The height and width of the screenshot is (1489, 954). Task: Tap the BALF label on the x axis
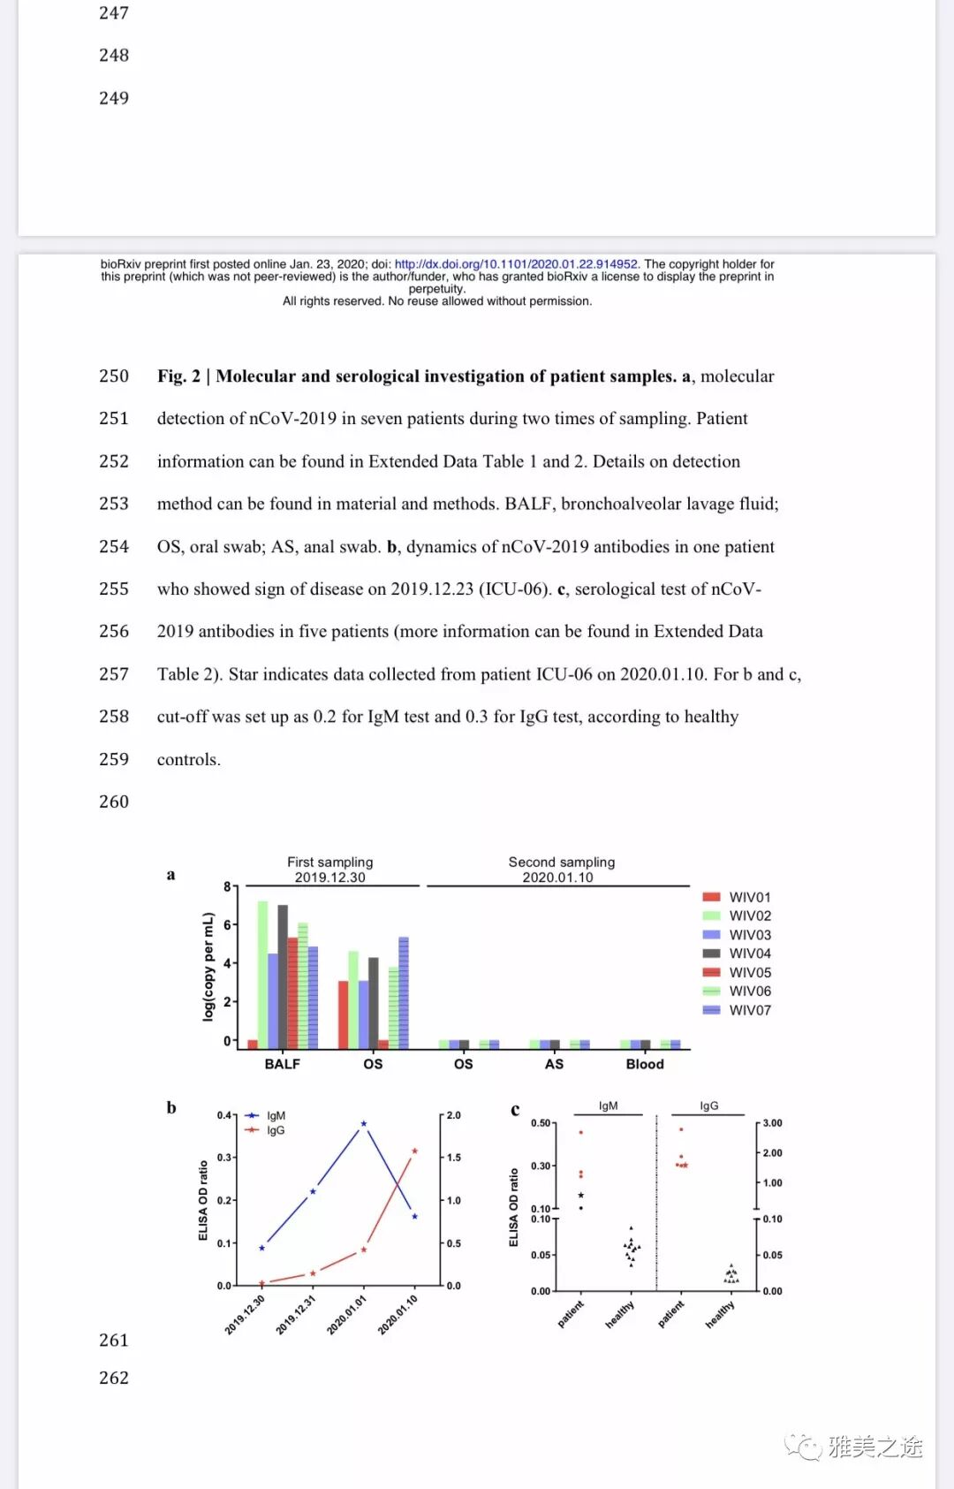click(x=282, y=1064)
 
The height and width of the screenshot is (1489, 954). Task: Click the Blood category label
click(x=645, y=1064)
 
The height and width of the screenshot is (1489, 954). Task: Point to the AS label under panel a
click(x=554, y=1064)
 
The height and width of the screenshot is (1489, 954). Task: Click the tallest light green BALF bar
click(x=262, y=972)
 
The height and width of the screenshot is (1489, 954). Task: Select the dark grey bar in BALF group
click(x=283, y=976)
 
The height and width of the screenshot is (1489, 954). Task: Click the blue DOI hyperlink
click(x=516, y=264)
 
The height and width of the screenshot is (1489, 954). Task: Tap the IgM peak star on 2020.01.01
click(x=364, y=1124)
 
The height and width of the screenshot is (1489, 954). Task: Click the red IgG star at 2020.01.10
click(x=415, y=1151)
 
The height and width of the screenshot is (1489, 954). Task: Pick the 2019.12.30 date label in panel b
click(x=245, y=1314)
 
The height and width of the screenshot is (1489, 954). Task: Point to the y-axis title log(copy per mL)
click(x=208, y=967)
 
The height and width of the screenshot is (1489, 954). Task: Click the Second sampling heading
click(x=561, y=862)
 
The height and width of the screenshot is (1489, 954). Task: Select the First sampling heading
click(x=329, y=862)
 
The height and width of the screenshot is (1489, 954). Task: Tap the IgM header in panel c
click(x=608, y=1106)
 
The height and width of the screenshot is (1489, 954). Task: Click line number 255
click(x=114, y=589)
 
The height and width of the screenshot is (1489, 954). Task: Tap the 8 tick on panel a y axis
click(x=227, y=886)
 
